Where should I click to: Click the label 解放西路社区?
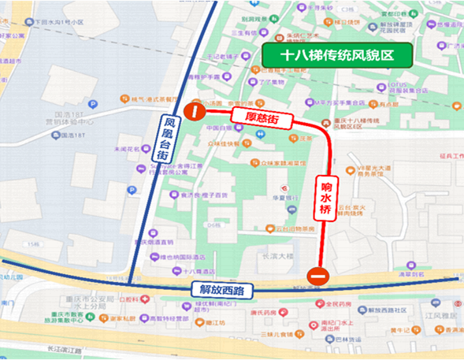click(394, 310)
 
